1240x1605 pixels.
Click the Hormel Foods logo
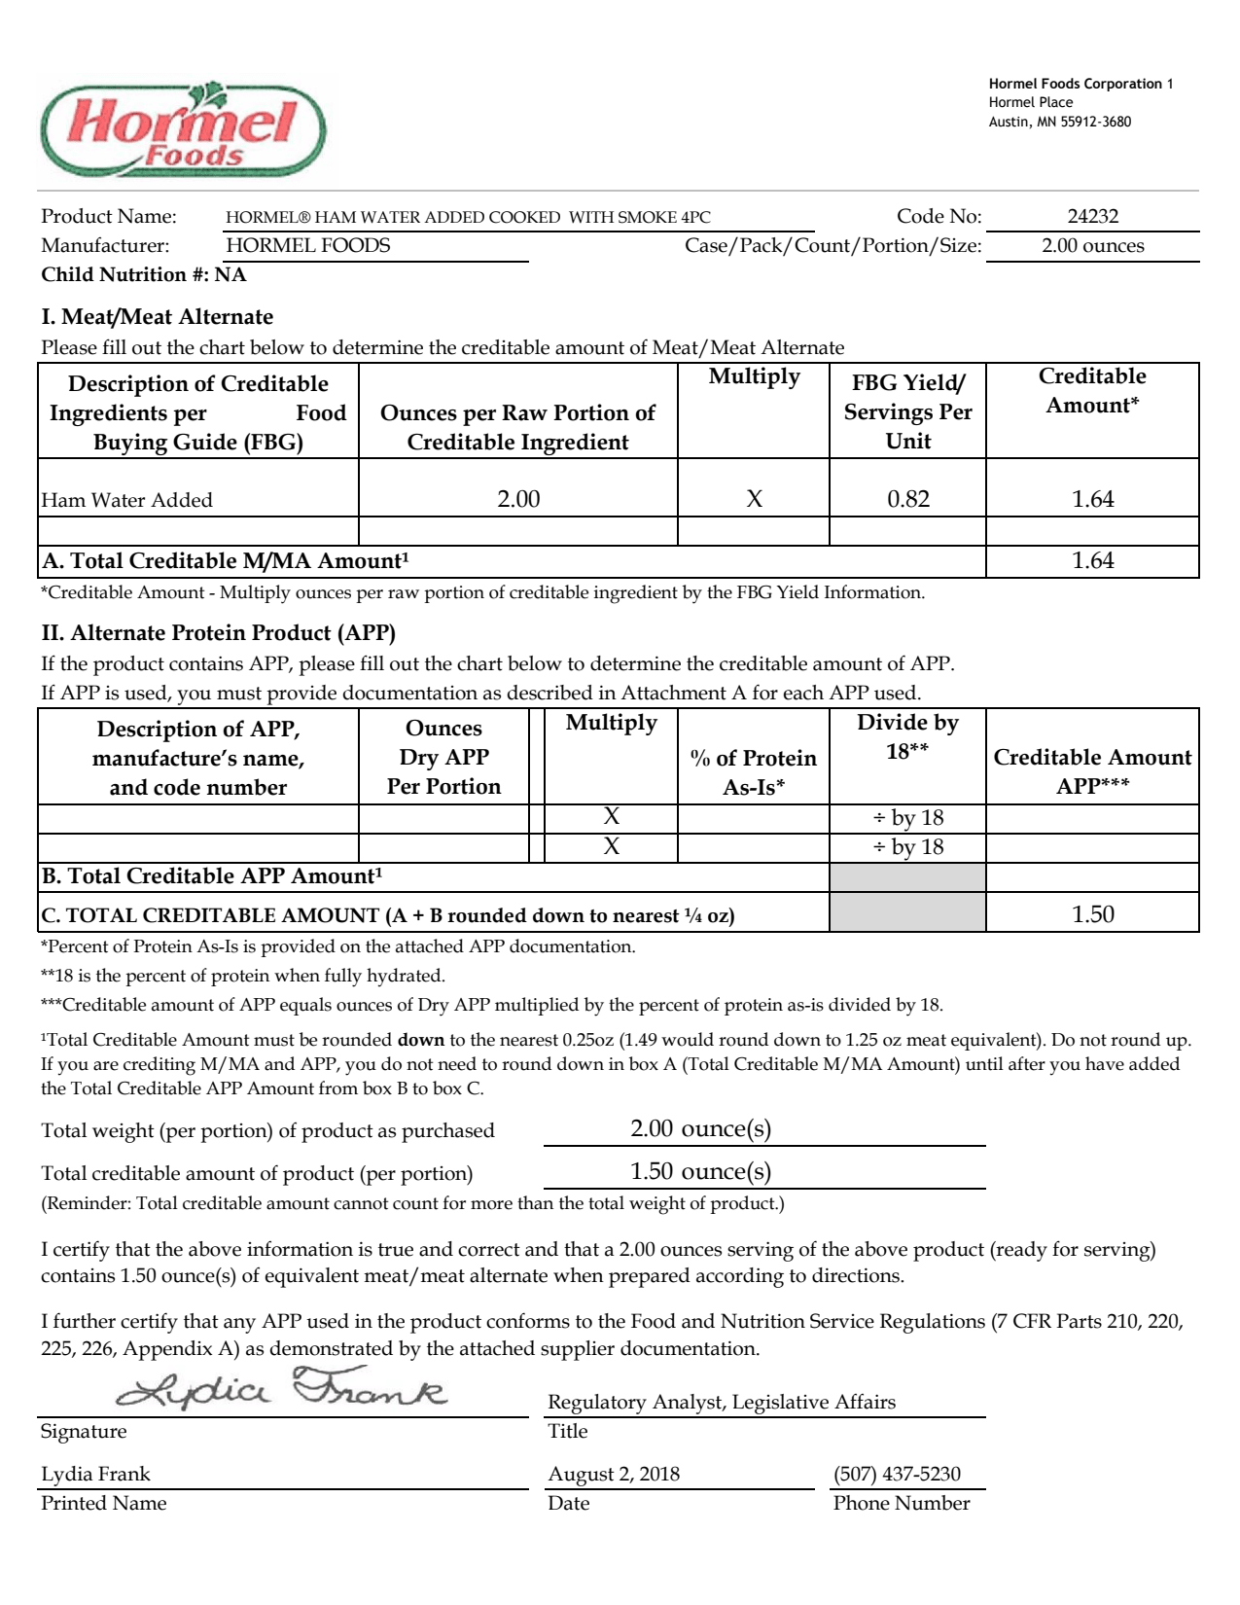coord(183,130)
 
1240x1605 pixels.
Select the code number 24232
coord(1092,217)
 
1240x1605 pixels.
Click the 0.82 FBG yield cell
coord(907,499)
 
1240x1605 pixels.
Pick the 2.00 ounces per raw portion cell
coord(518,499)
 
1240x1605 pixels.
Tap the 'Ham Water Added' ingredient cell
coord(126,500)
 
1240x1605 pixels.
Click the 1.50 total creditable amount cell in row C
coord(1092,914)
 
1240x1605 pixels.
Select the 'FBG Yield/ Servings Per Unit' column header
coord(907,411)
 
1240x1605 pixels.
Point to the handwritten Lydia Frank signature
coord(282,1389)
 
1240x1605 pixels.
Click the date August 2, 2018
coord(614,1474)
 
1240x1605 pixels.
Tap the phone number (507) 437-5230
coord(897,1474)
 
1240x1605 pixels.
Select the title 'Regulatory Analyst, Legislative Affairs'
coord(722,1402)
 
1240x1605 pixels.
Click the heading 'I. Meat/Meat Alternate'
coord(157,317)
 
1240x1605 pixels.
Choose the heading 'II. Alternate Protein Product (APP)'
coord(218,633)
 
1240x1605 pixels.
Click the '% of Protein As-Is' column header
coord(754,771)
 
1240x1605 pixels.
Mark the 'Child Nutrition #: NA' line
coord(144,274)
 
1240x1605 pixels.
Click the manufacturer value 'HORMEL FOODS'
coord(307,245)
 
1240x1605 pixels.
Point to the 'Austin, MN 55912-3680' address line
coord(1060,122)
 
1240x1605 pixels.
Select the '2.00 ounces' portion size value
coord(1092,245)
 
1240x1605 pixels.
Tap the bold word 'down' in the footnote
coord(421,1040)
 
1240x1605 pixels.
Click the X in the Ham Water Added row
coord(754,499)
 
